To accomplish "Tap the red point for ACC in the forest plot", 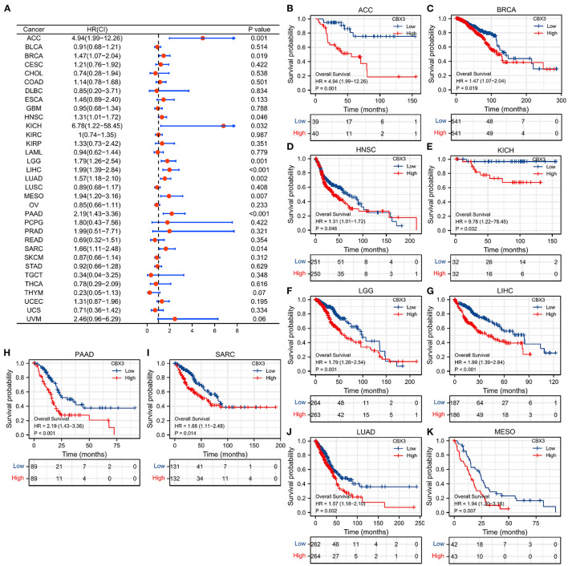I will coord(203,38).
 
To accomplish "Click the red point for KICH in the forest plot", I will coord(224,126).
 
